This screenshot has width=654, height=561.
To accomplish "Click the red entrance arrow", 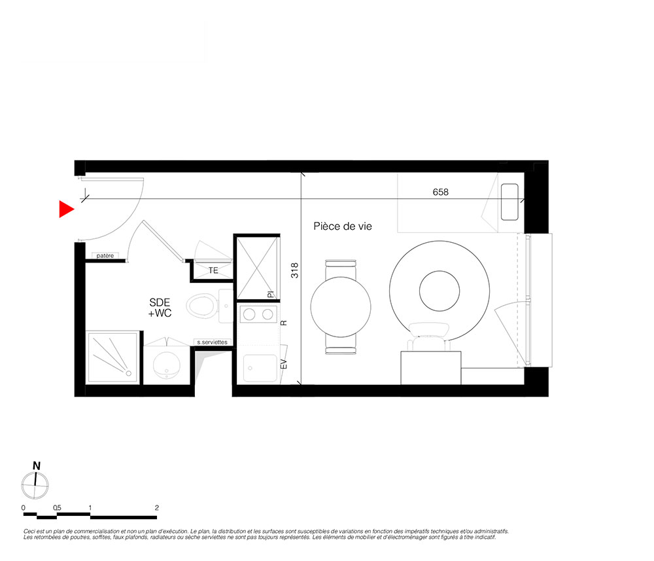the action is pos(66,209).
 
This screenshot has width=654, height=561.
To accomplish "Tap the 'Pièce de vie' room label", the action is pos(343,226).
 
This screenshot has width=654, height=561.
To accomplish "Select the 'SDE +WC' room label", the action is pos(160,308).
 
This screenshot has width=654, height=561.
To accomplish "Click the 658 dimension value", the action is pos(440,192).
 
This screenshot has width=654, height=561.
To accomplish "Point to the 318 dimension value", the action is pos(295,270).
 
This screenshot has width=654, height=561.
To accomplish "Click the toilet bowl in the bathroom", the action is pos(201,306).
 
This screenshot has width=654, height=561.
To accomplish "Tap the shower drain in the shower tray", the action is pos(128,373).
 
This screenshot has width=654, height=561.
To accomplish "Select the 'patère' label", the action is pos(105,256).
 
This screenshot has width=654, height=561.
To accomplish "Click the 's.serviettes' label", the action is pos(213,342).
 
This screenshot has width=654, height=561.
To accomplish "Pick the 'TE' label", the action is pos(213,270).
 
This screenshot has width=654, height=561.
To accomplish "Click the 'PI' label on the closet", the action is pos(270,295).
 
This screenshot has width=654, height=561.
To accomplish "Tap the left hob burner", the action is pos(249,314).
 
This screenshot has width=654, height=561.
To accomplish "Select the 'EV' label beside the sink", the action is pos(284,364).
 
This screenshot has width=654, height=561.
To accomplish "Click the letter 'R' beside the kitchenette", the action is pos(284,323).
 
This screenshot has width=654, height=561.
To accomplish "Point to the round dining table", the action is pos(340,307).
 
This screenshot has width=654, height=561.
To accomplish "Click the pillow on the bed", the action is pos(509,202).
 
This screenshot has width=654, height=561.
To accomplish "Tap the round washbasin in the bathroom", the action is pos(166,365).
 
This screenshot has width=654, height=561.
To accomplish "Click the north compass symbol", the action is pos(35,485).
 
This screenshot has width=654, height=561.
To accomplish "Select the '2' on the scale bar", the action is pos(157,508).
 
